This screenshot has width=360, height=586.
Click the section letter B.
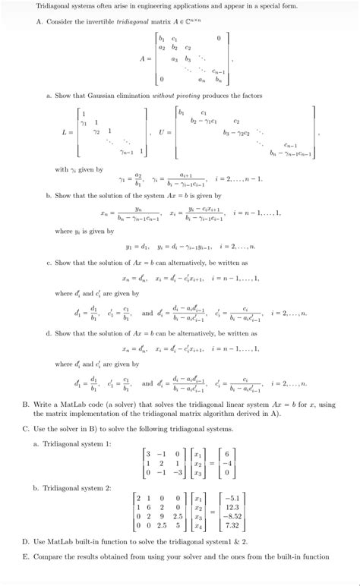click(26, 405)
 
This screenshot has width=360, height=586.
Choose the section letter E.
click(26, 556)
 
